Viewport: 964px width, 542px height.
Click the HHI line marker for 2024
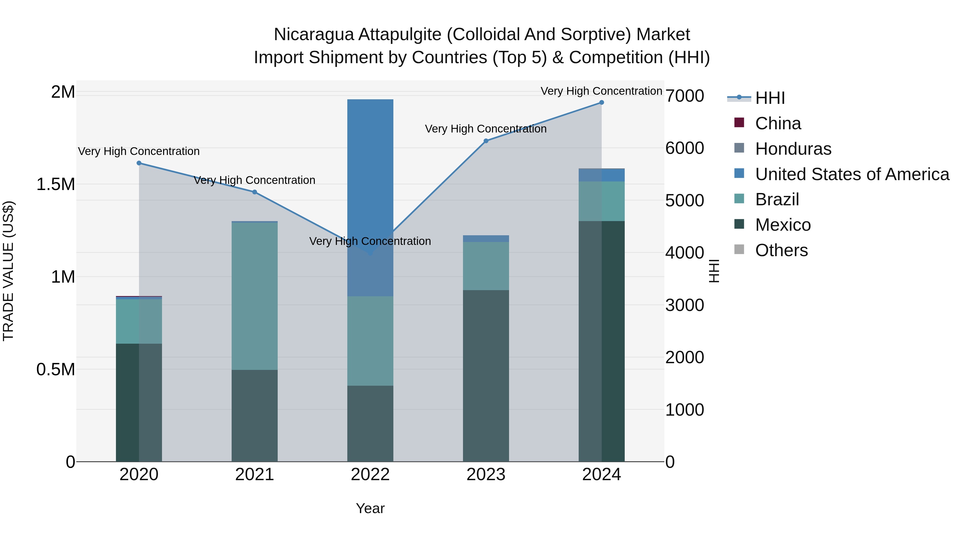pos(601,103)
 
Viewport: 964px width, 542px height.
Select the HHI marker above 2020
pos(139,163)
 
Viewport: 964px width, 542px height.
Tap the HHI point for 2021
pos(254,192)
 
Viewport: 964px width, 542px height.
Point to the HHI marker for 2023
pos(486,141)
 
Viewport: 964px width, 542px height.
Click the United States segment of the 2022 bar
pos(370,187)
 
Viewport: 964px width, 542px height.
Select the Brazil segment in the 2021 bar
pos(254,295)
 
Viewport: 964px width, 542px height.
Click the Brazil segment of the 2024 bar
pos(601,201)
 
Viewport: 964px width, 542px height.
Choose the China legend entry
pos(778,123)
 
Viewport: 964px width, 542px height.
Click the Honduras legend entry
pos(793,149)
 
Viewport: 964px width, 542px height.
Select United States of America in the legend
pos(852,174)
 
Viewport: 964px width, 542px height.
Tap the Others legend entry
pos(781,250)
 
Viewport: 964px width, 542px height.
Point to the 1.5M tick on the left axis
pos(56,184)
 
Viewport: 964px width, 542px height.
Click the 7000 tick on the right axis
pos(684,96)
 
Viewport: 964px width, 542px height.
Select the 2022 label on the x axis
pos(370,475)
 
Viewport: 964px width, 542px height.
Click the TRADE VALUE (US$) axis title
pos(8,271)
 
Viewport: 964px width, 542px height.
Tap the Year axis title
pos(370,508)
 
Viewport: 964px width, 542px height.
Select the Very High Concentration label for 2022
pos(370,241)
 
